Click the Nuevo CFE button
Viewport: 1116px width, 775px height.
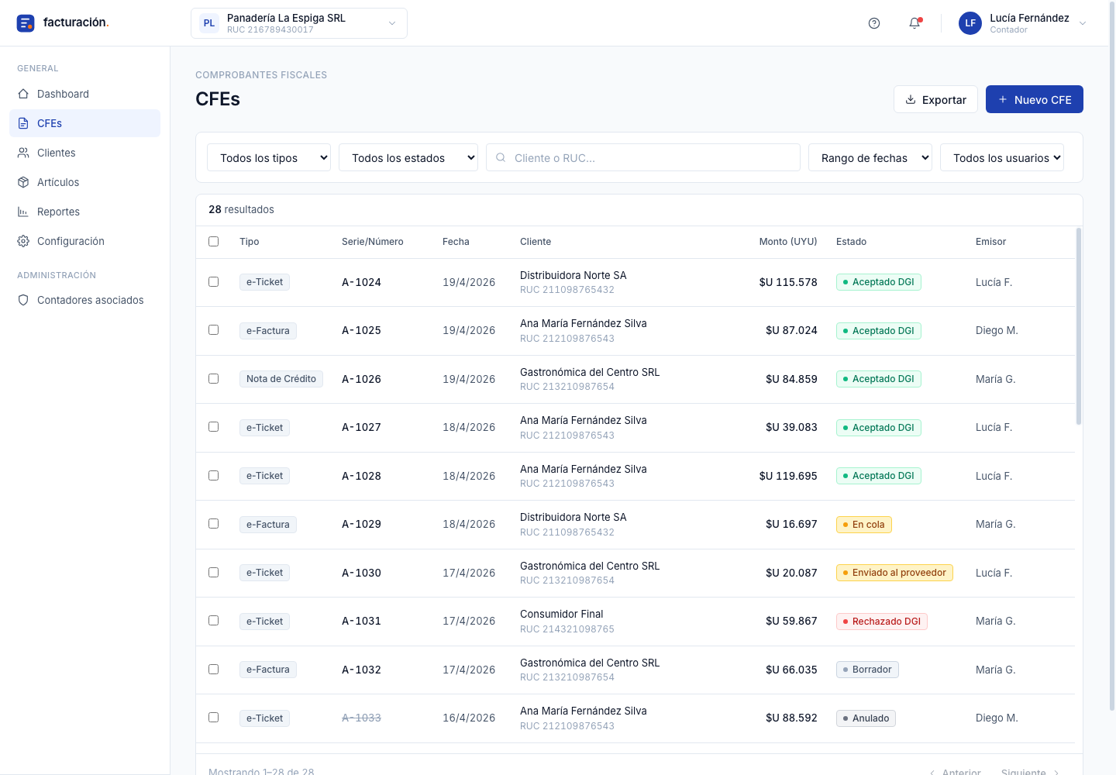click(1034, 99)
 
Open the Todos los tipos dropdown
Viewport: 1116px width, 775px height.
click(268, 158)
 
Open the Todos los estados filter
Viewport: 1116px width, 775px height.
click(408, 158)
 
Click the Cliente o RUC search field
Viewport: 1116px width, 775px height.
click(642, 158)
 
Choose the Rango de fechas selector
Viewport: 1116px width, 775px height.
click(870, 158)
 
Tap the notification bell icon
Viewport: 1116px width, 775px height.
click(914, 23)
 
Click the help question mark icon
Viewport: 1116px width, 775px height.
click(874, 23)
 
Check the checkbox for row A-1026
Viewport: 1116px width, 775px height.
click(213, 378)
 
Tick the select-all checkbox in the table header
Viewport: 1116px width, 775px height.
click(213, 241)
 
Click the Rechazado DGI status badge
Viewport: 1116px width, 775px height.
click(881, 621)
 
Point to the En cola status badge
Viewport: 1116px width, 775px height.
click(863, 524)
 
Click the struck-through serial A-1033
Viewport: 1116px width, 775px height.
click(361, 718)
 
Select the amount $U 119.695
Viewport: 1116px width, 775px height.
click(787, 476)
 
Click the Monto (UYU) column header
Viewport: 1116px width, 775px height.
click(787, 242)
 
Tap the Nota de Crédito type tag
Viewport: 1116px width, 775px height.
click(281, 378)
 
